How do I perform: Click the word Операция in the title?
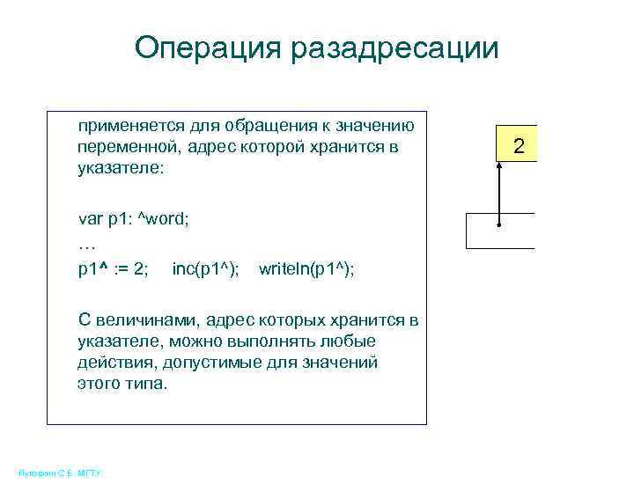point(204,48)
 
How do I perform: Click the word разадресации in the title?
point(390,48)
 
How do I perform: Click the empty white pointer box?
point(500,231)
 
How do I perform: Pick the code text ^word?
point(165,219)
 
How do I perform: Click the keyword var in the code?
point(90,219)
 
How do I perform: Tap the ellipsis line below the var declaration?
point(86,244)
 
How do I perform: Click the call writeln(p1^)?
point(307,268)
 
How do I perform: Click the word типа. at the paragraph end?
point(144,384)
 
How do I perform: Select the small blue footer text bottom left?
point(60,473)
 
